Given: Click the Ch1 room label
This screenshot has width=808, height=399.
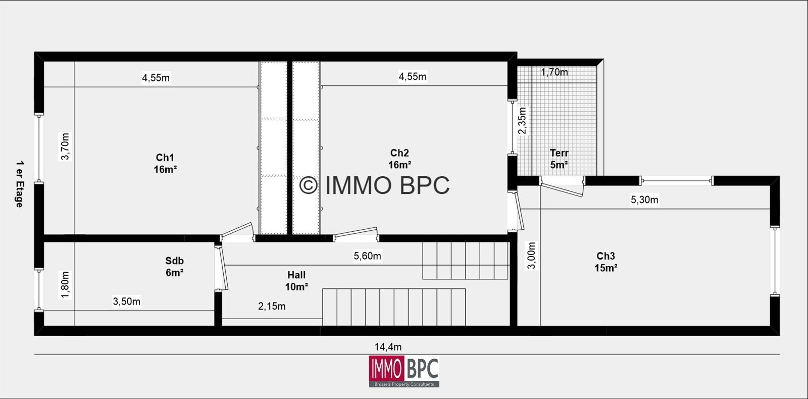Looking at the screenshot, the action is [x=165, y=163].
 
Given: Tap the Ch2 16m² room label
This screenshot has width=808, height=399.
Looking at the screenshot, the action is [x=399, y=159].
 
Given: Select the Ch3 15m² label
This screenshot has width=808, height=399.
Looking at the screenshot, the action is [x=605, y=262].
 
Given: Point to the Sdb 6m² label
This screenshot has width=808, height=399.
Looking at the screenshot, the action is [x=175, y=267].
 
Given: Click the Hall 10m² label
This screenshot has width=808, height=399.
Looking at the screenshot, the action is [x=296, y=281].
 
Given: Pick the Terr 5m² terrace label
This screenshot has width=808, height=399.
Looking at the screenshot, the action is [x=559, y=159].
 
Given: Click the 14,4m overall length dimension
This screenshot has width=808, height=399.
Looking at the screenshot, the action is [x=388, y=347].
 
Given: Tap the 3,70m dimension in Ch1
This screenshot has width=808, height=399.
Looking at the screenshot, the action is [x=65, y=146].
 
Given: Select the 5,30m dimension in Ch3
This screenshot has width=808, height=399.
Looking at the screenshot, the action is [x=644, y=199].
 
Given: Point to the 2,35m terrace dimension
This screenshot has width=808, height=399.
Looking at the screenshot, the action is [x=522, y=121].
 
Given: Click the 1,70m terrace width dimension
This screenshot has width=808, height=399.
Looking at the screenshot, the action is [x=554, y=72].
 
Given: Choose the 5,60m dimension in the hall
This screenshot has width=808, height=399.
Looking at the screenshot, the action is [x=367, y=256].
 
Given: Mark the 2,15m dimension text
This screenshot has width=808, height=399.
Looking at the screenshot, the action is [x=272, y=306].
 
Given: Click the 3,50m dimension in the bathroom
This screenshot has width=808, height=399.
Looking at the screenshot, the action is [x=127, y=301].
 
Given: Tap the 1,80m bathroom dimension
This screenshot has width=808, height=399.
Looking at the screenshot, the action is [x=65, y=285].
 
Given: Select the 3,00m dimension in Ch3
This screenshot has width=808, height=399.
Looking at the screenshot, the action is [x=532, y=256].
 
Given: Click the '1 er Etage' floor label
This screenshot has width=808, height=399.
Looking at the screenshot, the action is [x=20, y=184].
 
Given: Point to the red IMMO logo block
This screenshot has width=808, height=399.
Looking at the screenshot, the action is [x=386, y=369].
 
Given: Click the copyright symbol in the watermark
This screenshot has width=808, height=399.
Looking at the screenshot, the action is [x=309, y=185].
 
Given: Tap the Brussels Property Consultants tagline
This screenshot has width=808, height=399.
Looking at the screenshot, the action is [x=404, y=384].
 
